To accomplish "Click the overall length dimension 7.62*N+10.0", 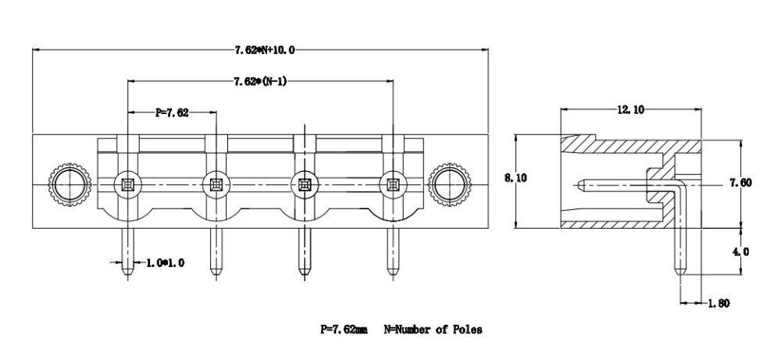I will (264, 49).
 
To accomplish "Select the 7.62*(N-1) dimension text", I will (260, 81).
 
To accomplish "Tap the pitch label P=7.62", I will (172, 112).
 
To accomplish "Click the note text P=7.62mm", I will (344, 329).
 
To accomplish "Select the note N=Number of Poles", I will (433, 329).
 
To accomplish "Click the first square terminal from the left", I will (127, 185).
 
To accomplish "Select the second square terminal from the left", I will (216, 185).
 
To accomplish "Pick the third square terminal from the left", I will (304, 185).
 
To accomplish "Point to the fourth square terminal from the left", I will (392, 185).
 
